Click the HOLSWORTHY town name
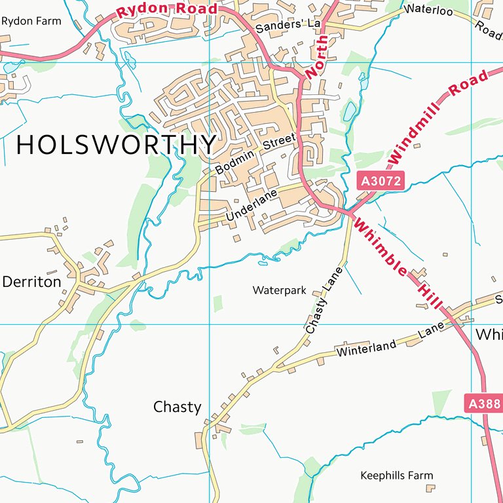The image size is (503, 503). point(116,145)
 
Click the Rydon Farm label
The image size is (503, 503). point(31,21)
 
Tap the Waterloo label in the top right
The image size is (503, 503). point(429,9)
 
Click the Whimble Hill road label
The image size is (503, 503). point(399,265)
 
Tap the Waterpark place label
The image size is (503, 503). point(280,290)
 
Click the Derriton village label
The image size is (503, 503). point(31,282)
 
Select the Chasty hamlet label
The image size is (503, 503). point(177,407)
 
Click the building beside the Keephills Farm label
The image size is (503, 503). point(430,487)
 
